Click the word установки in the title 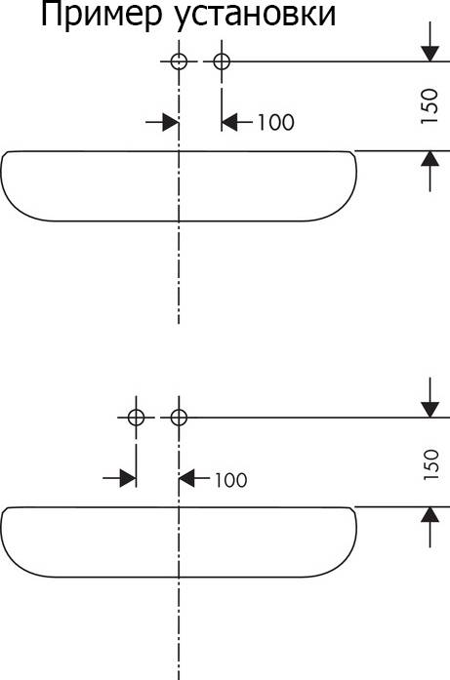click(x=257, y=18)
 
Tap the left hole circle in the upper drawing click(x=179, y=61)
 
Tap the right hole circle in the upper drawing click(x=222, y=61)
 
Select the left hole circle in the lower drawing click(x=137, y=418)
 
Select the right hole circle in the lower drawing click(x=179, y=418)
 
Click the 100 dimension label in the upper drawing click(x=276, y=122)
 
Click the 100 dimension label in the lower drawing click(x=231, y=480)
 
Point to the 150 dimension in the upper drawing click(x=430, y=105)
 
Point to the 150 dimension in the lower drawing click(x=430, y=464)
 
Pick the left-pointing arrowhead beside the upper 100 click(x=229, y=122)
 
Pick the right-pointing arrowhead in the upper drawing click(x=171, y=122)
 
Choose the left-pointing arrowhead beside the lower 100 click(x=187, y=479)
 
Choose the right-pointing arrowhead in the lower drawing click(x=128, y=479)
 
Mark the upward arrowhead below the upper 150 click(x=430, y=159)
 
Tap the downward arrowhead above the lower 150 click(x=430, y=410)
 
